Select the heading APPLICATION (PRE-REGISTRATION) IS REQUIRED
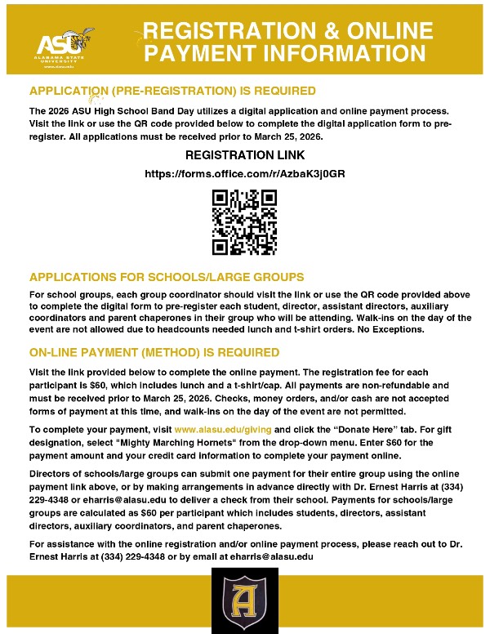[172, 90]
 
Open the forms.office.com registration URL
[244, 174]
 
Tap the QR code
[244, 221]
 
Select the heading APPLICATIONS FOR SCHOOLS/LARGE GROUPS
[167, 277]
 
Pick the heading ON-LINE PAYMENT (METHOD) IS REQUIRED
[154, 352]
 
